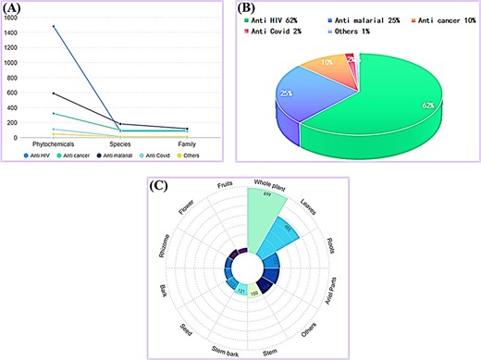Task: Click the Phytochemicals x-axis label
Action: (x=54, y=145)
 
